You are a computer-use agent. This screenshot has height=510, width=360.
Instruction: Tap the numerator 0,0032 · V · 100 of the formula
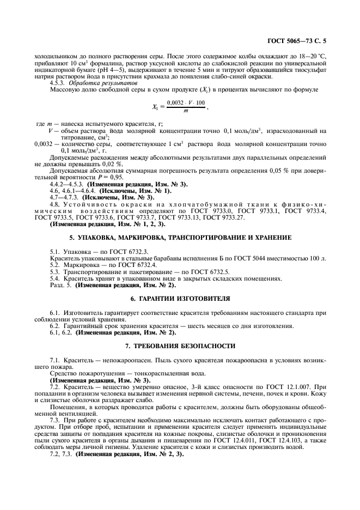point(185,102)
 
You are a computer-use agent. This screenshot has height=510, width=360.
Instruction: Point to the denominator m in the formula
point(185,111)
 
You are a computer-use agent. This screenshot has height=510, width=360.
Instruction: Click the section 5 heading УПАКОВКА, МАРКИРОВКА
point(180,238)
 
